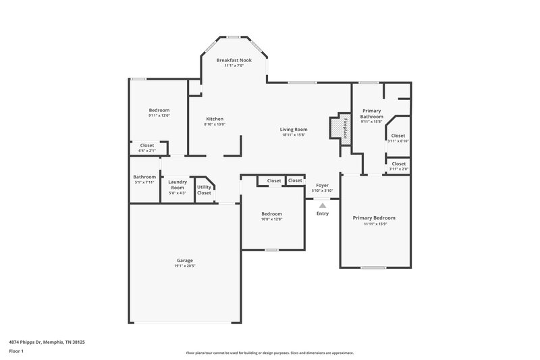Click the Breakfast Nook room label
click(234, 60)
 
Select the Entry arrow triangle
click(323, 205)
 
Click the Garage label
click(185, 260)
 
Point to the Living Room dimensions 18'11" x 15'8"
click(294, 134)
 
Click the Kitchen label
click(214, 119)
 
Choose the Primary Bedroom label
click(374, 217)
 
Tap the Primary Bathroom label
click(373, 113)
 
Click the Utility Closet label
click(204, 190)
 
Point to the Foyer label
click(323, 185)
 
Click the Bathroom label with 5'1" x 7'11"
click(144, 177)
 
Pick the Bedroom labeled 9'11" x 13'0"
click(159, 110)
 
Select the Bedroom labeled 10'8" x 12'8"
click(271, 213)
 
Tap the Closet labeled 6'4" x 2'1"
click(146, 145)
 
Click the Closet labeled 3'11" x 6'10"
click(398, 135)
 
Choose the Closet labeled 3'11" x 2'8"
click(398, 163)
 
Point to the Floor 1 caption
click(16, 351)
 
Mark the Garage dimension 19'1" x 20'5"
click(185, 266)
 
